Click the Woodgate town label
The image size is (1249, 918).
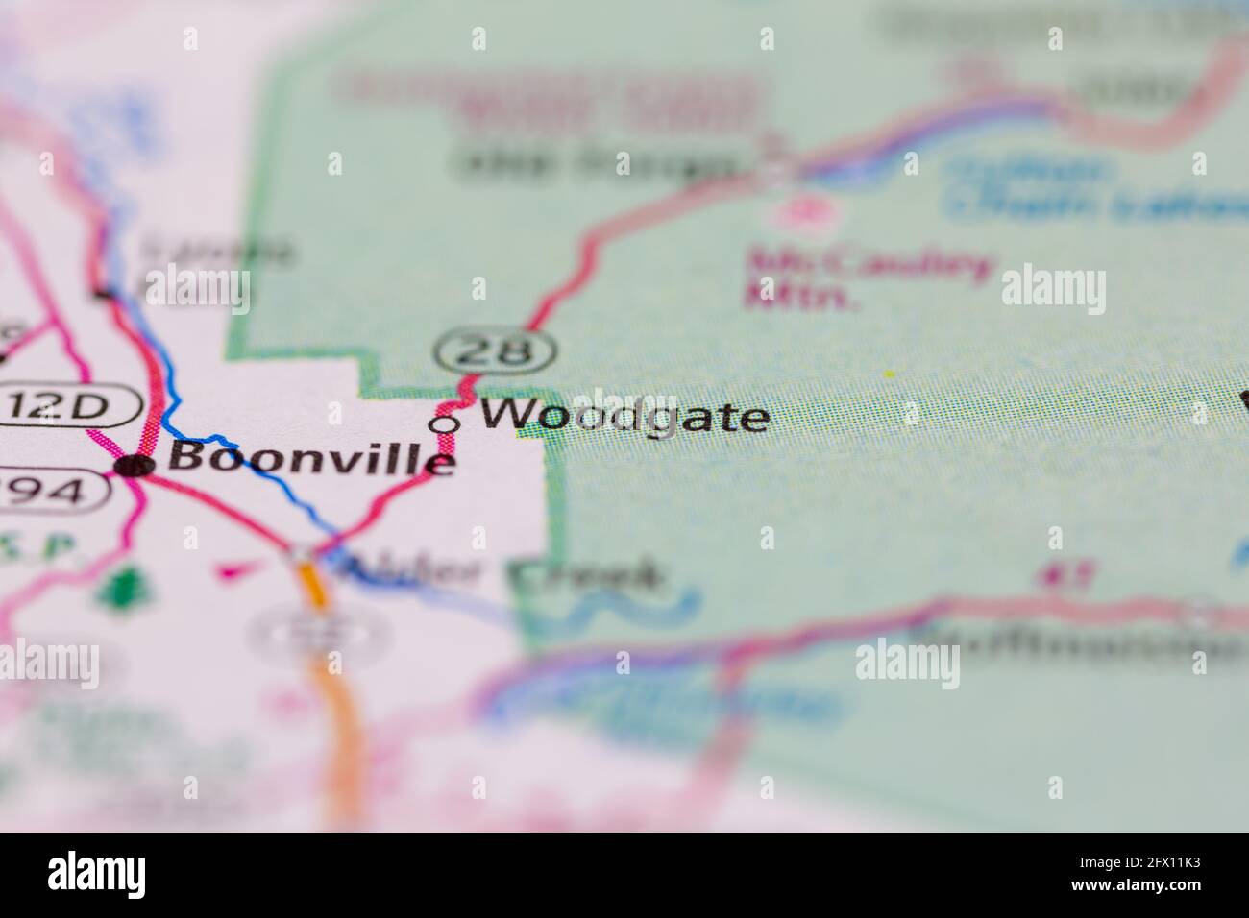(624, 417)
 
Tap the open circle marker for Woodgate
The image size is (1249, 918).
(443, 423)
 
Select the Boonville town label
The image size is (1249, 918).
(310, 457)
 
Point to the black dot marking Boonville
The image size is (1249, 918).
(135, 467)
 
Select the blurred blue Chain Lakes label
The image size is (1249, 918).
(1095, 187)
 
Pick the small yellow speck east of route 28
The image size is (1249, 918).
(889, 373)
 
